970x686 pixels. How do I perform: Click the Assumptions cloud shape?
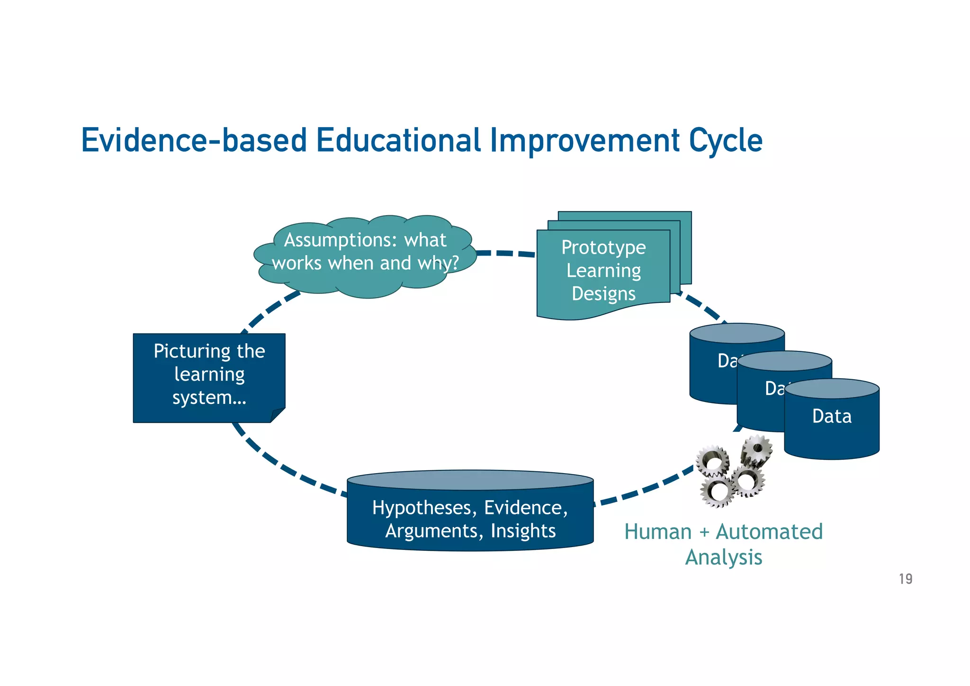coord(365,280)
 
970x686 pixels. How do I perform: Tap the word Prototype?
coord(603,247)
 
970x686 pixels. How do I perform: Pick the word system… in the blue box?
coord(209,397)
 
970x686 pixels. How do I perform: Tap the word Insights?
coord(523,531)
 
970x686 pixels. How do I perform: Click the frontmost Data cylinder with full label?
coord(832,427)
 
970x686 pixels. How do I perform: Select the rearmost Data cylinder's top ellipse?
coord(737,333)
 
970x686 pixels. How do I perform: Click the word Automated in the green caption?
coord(769,532)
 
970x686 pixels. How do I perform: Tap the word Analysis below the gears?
coord(723,558)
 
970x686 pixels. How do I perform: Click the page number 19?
coord(905,579)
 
